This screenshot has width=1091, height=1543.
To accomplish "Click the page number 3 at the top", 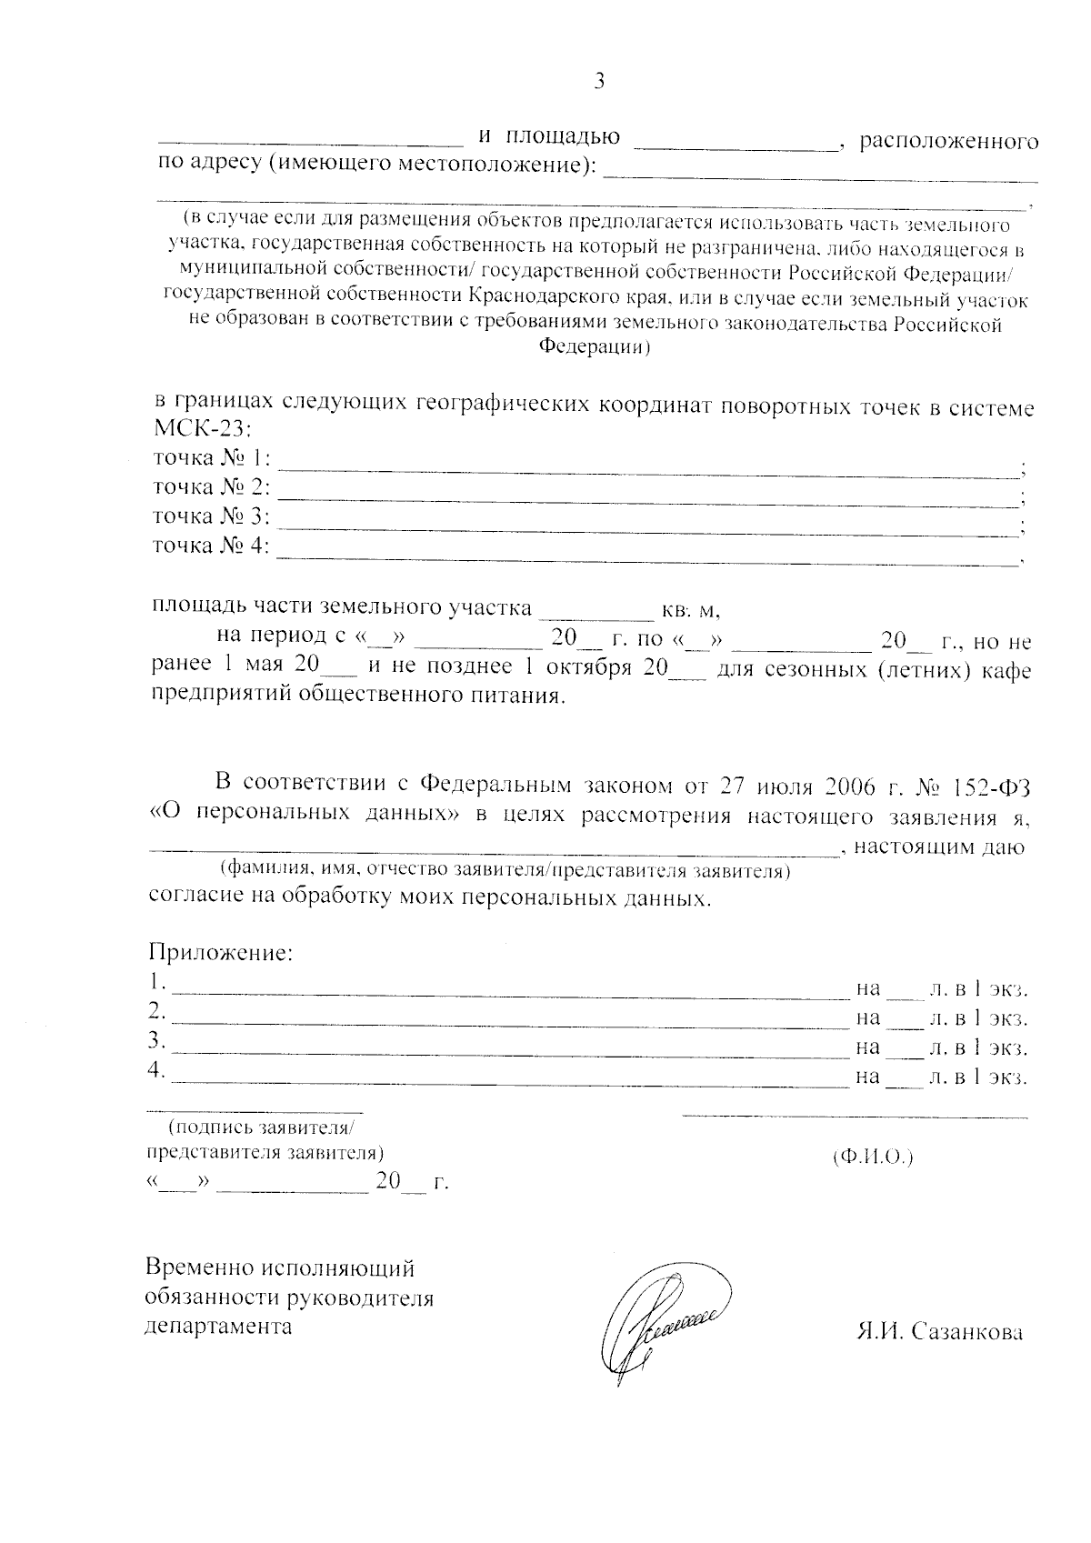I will coord(599,82).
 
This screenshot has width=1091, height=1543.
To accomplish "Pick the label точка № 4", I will coord(211,546).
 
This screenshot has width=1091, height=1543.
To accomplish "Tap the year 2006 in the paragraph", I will coord(854,784).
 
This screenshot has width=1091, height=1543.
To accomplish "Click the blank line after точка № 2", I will coord(647,503).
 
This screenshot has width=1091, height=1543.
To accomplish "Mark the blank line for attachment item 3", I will coord(509,1056).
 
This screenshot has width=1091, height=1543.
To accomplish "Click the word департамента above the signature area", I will coord(219,1326).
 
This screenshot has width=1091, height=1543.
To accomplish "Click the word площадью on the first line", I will coord(563,137).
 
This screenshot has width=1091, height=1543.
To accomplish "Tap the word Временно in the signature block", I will coord(199,1267).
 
